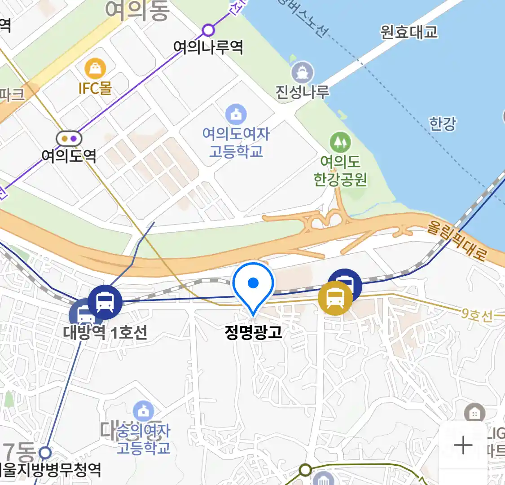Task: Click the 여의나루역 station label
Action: [x=208, y=47]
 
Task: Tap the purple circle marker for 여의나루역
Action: [x=208, y=30]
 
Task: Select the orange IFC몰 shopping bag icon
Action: [x=95, y=69]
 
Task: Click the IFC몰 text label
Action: [x=95, y=88]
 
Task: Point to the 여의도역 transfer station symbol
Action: [x=69, y=138]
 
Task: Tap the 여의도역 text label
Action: [x=69, y=156]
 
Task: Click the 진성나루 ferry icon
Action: [x=303, y=72]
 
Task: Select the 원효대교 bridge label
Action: [x=408, y=32]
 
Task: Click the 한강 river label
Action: [x=443, y=123]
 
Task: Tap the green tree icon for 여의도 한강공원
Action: [x=340, y=142]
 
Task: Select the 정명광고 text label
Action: [x=253, y=332]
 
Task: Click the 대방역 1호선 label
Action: [x=105, y=333]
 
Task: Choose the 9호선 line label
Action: [x=477, y=315]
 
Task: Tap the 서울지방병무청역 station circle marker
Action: [x=45, y=452]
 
